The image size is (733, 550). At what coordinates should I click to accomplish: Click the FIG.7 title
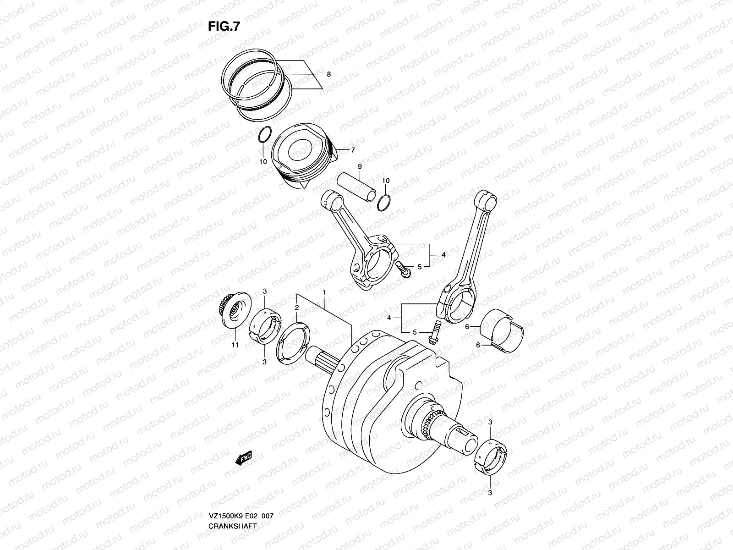pos(224,27)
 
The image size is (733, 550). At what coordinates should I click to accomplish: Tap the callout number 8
pos(328,74)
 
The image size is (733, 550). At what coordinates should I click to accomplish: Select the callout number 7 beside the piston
pos(353,150)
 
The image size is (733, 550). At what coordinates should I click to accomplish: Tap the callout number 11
pos(235,345)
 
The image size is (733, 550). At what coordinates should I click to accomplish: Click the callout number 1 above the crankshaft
pos(324,292)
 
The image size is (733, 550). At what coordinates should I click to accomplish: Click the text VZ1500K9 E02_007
pos(241,490)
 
